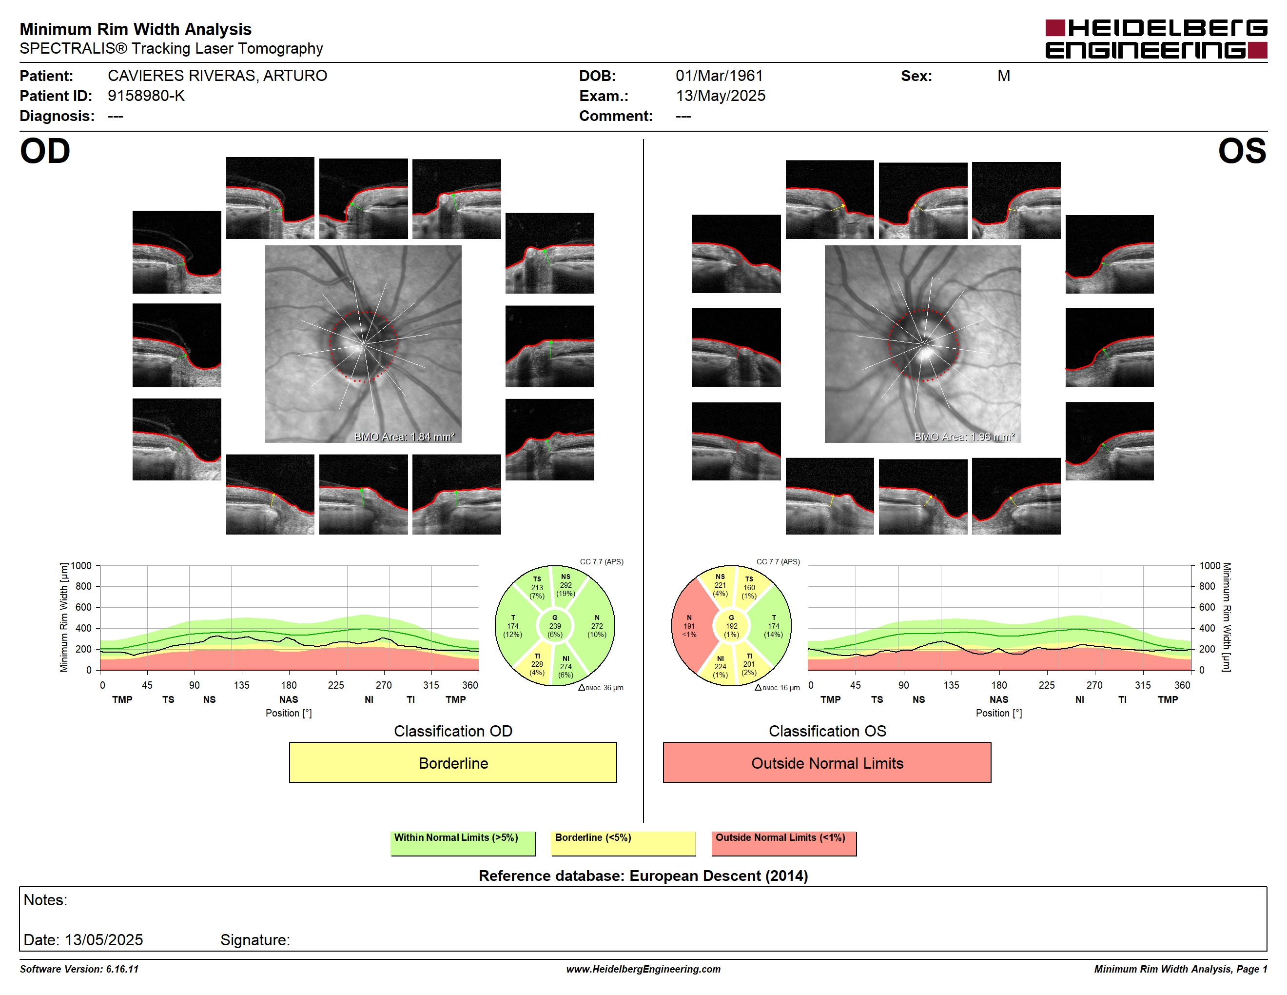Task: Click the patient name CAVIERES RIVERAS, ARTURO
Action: coord(217,76)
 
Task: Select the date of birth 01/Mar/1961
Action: coord(719,76)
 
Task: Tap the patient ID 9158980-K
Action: coord(146,96)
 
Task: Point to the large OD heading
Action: coord(45,152)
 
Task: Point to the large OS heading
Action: coord(1242,152)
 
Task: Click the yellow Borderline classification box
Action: coord(452,762)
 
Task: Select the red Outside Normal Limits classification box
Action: coord(827,762)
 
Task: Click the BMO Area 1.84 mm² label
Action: coord(404,437)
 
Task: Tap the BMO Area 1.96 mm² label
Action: coord(964,437)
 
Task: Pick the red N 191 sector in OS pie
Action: coord(689,626)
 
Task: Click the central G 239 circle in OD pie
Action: coord(554,626)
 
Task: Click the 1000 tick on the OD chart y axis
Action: coord(81,566)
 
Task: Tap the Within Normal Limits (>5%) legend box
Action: coord(463,843)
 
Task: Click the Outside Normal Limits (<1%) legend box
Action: coord(784,843)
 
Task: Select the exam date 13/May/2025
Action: coord(720,96)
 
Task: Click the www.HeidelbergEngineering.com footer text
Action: coord(643,969)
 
